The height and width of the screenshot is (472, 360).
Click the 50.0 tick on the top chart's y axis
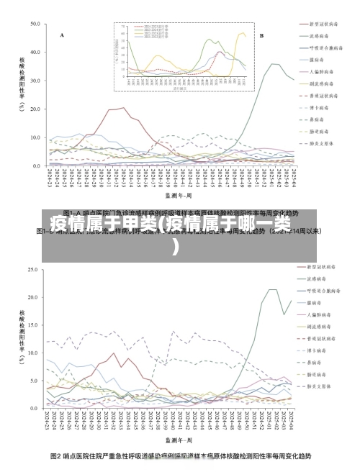36,24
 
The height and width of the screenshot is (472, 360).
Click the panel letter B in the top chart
261,35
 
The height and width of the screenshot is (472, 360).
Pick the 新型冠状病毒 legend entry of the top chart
322,23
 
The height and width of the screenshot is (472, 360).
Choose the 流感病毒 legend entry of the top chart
319,35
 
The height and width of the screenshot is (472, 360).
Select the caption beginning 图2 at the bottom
180,456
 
